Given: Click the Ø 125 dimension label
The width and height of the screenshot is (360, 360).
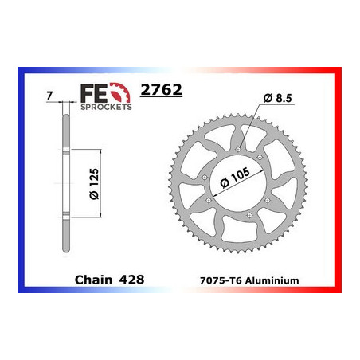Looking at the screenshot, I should point(94,185).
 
